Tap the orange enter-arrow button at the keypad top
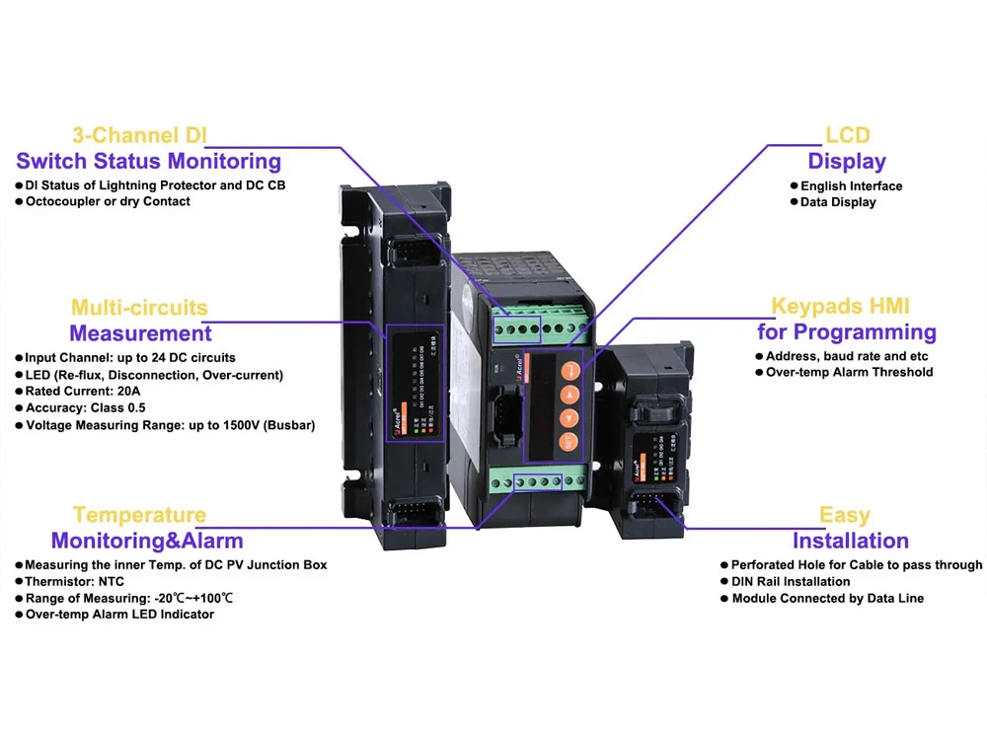point(569,372)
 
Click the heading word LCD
point(847,136)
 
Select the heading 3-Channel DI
point(140,136)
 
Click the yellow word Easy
point(845,515)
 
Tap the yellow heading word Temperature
point(139,515)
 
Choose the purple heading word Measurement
point(140,333)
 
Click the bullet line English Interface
point(851,185)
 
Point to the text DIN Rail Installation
point(791,582)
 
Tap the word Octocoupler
point(65,201)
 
